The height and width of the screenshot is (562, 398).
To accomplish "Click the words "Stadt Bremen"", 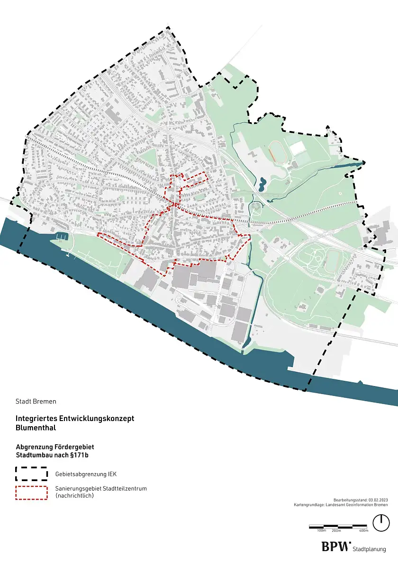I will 36,402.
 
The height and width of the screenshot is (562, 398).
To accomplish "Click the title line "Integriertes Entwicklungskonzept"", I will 75,419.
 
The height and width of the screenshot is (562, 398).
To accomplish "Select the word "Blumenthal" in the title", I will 36,428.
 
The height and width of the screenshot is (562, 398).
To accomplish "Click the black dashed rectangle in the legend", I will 32,474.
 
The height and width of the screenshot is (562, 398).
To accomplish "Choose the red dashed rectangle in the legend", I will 32,493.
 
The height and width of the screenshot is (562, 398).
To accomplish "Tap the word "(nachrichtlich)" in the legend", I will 75,495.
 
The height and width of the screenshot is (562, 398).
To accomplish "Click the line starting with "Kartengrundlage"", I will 341,505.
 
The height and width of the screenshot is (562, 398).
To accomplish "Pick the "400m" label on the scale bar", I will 364,531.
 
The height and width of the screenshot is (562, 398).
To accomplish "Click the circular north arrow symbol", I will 380,522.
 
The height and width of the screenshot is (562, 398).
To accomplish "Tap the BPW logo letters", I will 336,547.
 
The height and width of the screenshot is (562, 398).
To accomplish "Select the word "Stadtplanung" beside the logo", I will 370,549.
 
